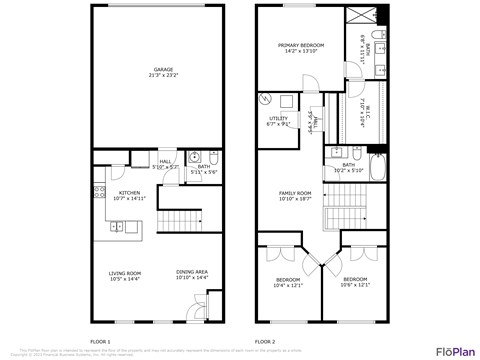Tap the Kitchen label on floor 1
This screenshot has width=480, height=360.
pyautogui.click(x=130, y=192)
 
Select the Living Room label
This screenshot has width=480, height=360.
pyautogui.click(x=125, y=272)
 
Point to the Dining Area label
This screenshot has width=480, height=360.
pyautogui.click(x=192, y=272)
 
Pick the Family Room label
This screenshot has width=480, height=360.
pyautogui.click(x=295, y=193)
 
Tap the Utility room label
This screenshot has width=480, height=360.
pyautogui.click(x=278, y=118)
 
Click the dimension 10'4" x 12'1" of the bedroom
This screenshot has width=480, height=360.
pyautogui.click(x=288, y=285)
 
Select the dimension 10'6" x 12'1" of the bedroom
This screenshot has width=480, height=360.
pyautogui.click(x=356, y=285)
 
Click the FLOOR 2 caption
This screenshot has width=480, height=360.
pyautogui.click(x=265, y=341)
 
